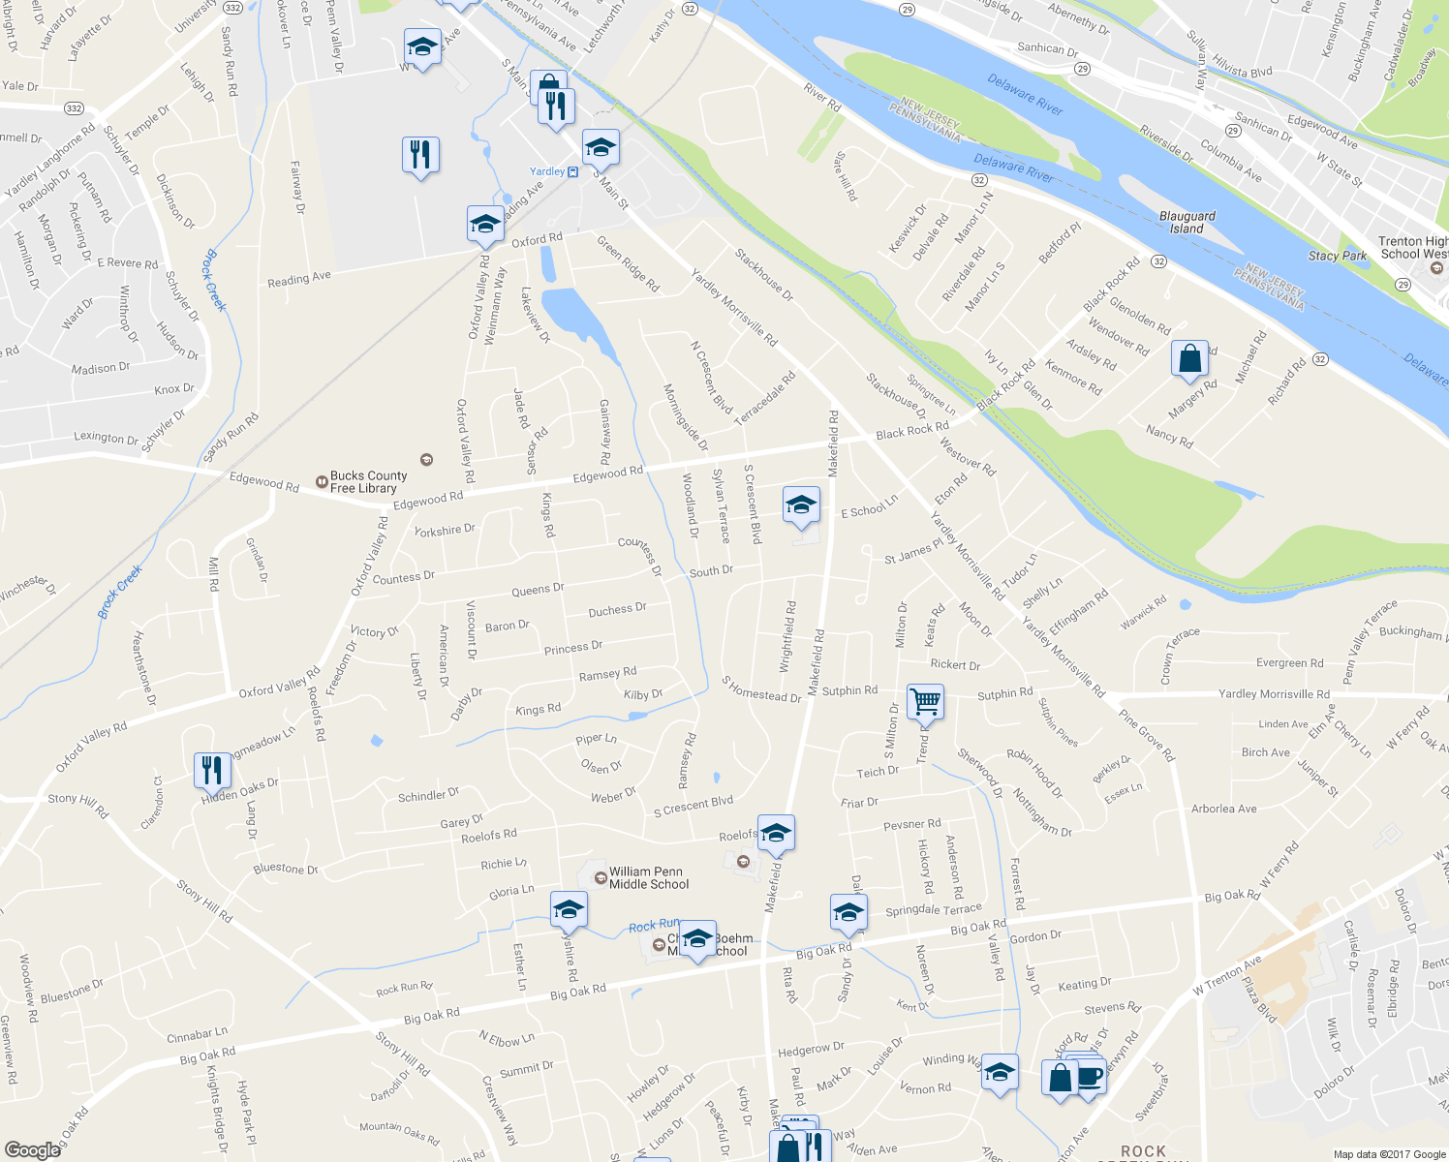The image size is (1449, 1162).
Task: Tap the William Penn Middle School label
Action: [x=648, y=877]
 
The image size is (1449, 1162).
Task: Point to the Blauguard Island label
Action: [x=1187, y=223]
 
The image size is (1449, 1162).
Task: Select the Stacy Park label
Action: [x=1337, y=256]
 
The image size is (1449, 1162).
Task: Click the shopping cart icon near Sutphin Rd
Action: [x=925, y=701]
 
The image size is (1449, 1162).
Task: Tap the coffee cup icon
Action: [x=1090, y=1076]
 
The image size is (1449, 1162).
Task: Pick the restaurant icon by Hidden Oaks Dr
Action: [x=212, y=770]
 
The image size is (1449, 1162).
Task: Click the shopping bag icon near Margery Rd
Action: [x=1189, y=358]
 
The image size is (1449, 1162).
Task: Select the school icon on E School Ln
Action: [x=801, y=505]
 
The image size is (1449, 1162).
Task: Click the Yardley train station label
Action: [x=547, y=171]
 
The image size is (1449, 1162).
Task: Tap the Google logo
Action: [x=32, y=1149]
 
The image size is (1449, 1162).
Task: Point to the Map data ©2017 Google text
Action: [x=1389, y=1154]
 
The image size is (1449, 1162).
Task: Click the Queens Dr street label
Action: [x=538, y=590]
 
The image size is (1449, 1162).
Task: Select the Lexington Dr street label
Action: [x=106, y=437]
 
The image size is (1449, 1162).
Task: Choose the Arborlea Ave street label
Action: [x=1223, y=809]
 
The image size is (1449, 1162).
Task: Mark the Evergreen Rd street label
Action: [x=1289, y=663]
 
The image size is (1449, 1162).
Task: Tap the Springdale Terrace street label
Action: [x=933, y=910]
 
